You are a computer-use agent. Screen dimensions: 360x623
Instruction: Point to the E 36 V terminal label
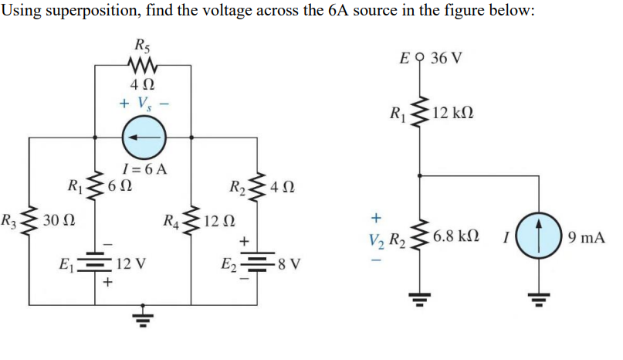[x=435, y=59]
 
